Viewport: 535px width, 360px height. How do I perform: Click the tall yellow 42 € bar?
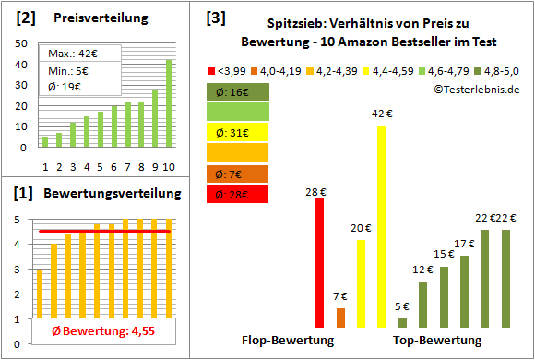(x=381, y=226)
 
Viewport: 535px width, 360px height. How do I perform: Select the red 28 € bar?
(x=320, y=263)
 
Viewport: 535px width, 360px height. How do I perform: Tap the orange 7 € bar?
(x=340, y=318)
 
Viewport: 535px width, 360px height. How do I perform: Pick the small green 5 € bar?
(x=402, y=322)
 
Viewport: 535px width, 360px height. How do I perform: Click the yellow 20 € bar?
(x=361, y=283)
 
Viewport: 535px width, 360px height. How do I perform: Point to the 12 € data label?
(x=422, y=270)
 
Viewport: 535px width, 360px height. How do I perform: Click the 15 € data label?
(x=444, y=255)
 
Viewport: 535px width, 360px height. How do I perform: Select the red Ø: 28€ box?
(x=238, y=194)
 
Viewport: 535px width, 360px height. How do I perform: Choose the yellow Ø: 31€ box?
(x=238, y=132)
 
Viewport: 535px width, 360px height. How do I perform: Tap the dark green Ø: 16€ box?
(x=238, y=91)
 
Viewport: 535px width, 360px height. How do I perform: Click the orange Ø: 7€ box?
(x=238, y=174)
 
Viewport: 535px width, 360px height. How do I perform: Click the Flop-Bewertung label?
(x=288, y=341)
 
